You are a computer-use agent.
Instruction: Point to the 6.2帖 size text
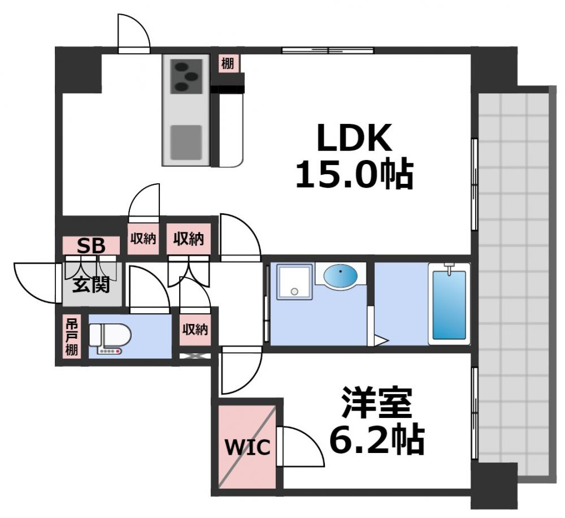pos(377,439)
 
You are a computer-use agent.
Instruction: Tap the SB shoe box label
pos(91,246)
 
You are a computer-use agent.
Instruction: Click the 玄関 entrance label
pos(90,284)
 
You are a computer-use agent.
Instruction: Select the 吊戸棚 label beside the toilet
pos(71,336)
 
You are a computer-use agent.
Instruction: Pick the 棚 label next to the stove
pos(227,64)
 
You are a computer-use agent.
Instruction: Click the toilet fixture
pos(110,338)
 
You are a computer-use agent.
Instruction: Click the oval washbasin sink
pos(340,276)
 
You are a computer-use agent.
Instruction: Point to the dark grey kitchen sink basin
pos(186,142)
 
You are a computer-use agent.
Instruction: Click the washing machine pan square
pos(294,281)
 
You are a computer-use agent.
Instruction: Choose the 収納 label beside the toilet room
pos(195,329)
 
